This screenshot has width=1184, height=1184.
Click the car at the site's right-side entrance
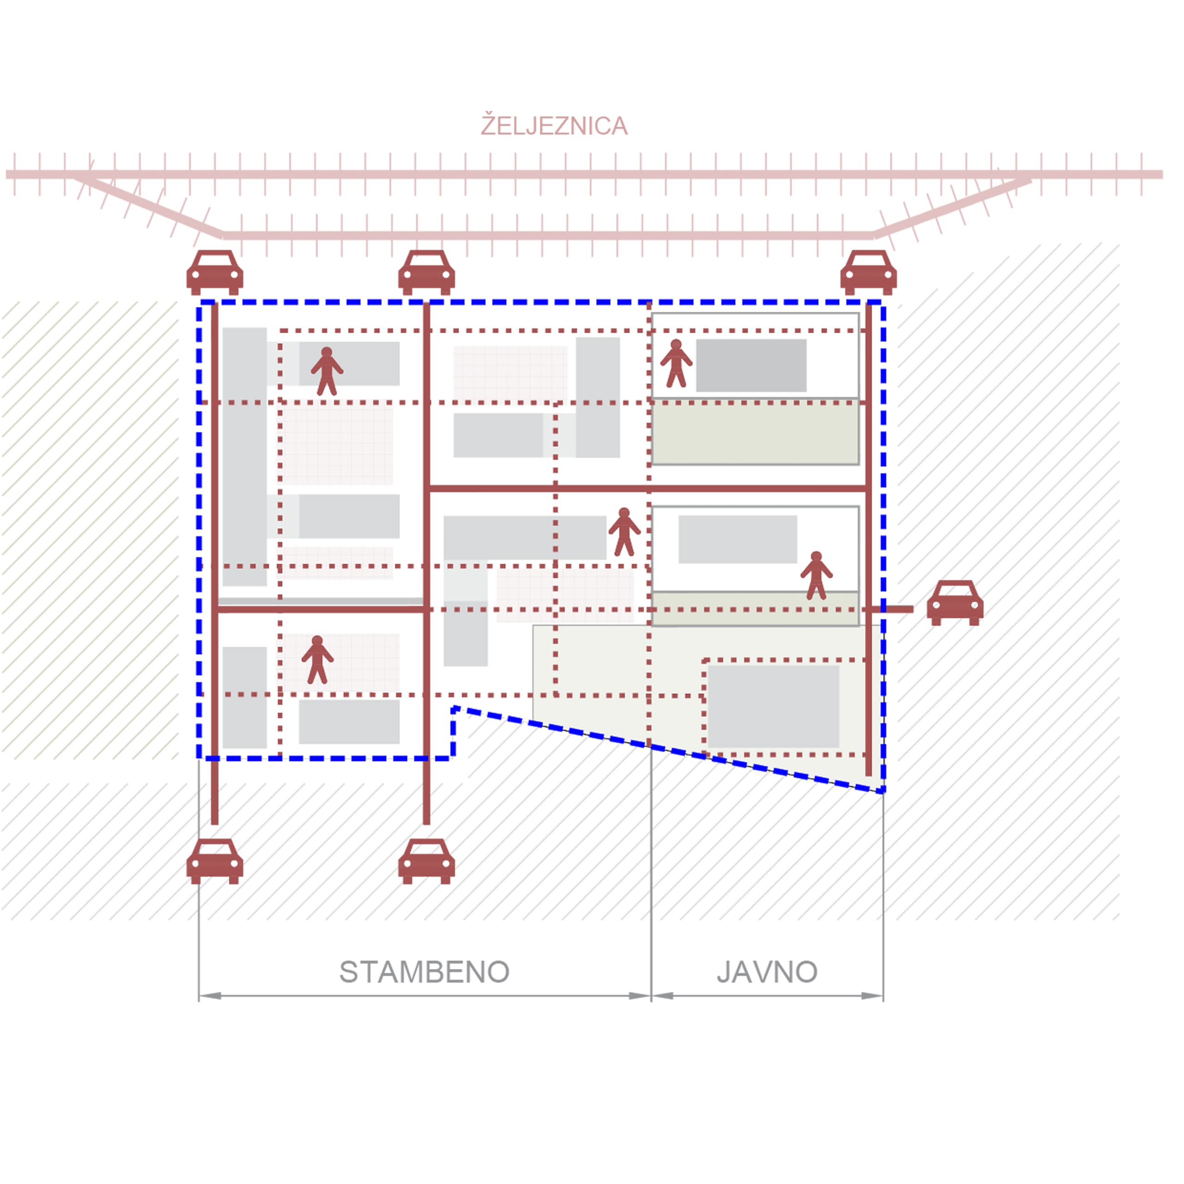tap(955, 603)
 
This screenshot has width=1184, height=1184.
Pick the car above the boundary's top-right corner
tap(869, 273)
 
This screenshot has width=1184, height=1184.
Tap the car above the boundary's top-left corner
tap(215, 273)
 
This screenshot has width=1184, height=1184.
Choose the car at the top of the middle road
tap(426, 273)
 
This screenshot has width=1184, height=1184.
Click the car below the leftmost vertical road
tap(215, 861)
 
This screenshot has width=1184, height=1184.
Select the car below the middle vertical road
tap(426, 861)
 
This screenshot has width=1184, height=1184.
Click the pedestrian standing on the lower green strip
tap(816, 575)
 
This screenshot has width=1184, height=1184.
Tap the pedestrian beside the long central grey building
tap(624, 532)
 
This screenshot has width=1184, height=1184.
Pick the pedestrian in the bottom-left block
tap(317, 660)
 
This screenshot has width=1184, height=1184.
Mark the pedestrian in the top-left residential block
tap(327, 371)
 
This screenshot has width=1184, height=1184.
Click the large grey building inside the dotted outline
tap(773, 707)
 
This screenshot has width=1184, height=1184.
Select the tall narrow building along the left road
tap(245, 456)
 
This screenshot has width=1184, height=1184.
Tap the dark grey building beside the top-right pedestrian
tap(752, 365)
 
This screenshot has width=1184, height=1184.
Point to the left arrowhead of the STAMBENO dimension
tap(210, 996)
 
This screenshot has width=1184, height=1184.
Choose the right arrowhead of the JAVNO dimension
tap(872, 996)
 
